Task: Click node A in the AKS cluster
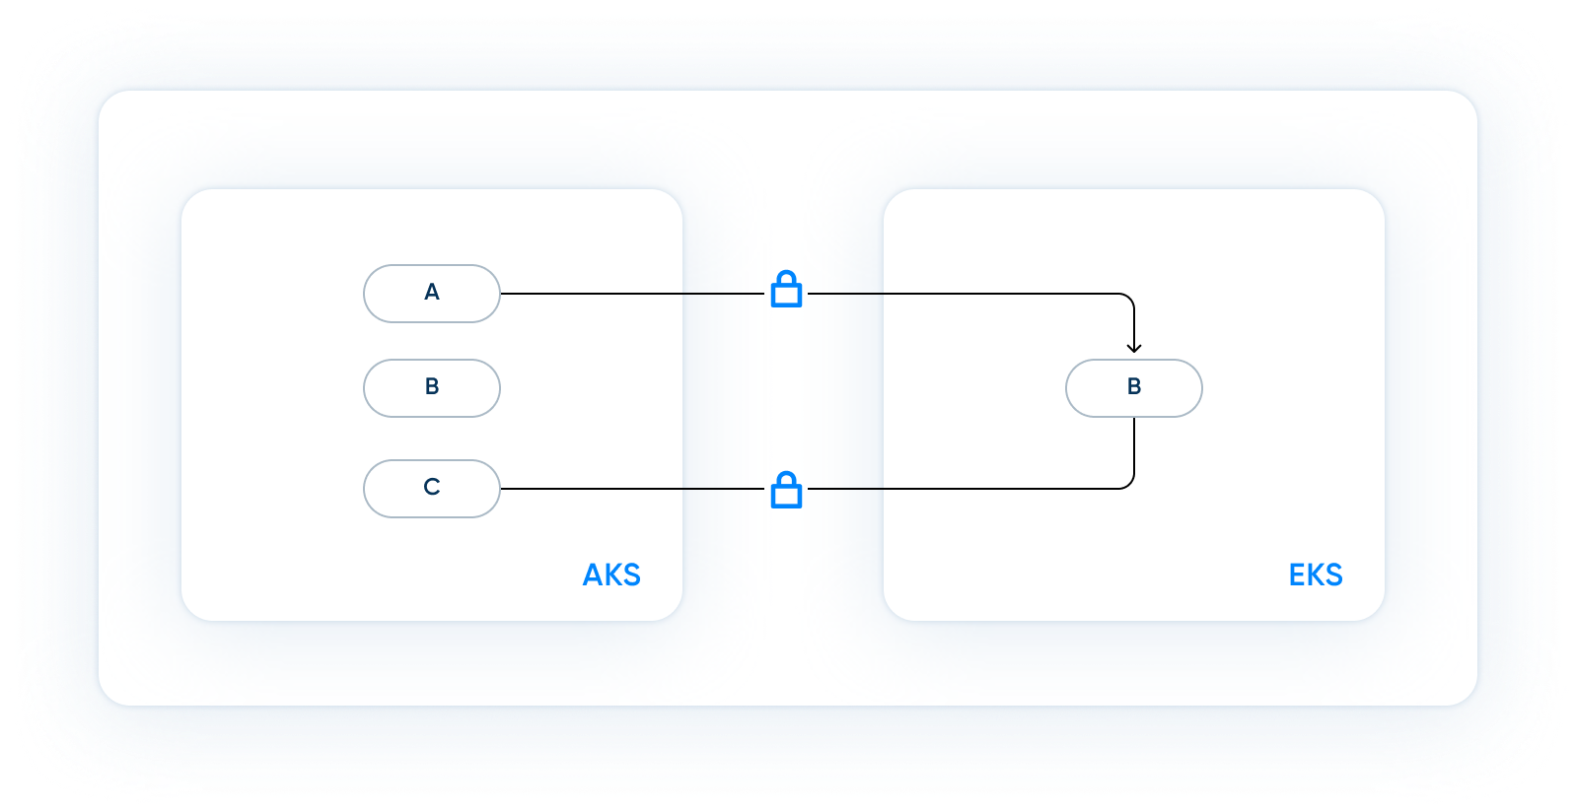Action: coord(432,293)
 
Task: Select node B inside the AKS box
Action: coord(432,387)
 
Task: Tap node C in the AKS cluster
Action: coord(432,488)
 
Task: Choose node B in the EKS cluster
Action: coord(1133,387)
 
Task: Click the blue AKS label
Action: coord(611,575)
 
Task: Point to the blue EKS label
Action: coord(1316,575)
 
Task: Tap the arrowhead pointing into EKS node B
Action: coord(1134,347)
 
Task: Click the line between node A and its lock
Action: coord(631,294)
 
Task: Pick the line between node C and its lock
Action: coord(631,489)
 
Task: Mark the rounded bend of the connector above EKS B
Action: coord(1129,299)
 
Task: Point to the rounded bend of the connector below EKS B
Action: coord(1129,484)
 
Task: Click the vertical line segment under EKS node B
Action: coord(1134,448)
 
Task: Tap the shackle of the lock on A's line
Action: coord(786,278)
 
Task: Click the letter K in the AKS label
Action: coord(612,575)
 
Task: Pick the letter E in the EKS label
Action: coord(1297,575)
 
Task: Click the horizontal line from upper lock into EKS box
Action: coord(967,294)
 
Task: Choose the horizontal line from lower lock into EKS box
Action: coord(967,489)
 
